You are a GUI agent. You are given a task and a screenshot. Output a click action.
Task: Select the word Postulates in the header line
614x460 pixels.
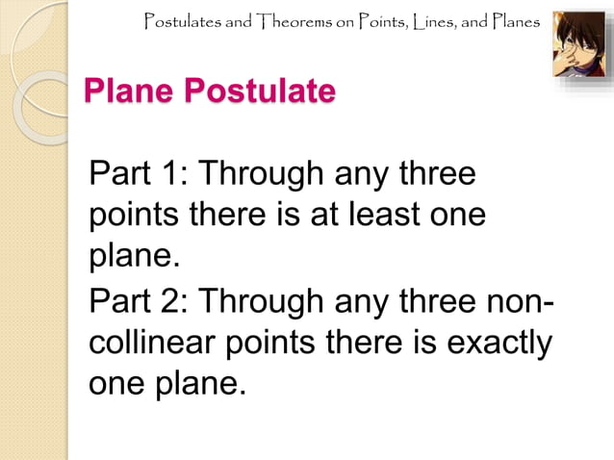pos(182,21)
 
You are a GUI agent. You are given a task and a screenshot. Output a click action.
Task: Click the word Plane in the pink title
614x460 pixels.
pos(129,93)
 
